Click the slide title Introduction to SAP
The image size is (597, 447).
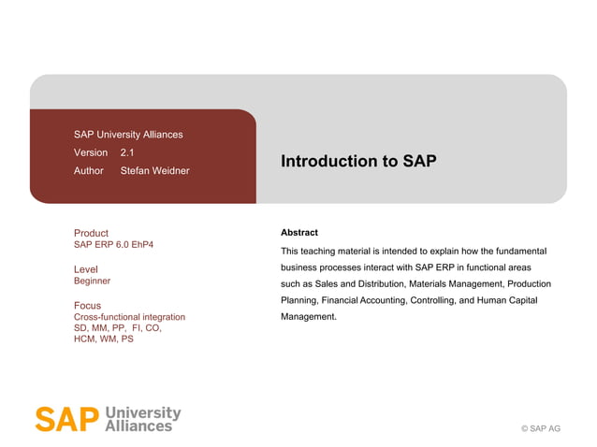click(x=358, y=161)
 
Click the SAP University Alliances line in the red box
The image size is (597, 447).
click(x=128, y=135)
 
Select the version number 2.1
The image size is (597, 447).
click(x=127, y=152)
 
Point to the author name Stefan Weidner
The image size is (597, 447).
click(x=154, y=171)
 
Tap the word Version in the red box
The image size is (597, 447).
click(x=91, y=152)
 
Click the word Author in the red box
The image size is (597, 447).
click(x=89, y=171)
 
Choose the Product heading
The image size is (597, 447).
click(x=91, y=233)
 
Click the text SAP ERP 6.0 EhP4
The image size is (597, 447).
click(x=113, y=245)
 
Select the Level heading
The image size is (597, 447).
click(x=85, y=269)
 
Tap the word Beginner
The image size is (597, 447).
click(x=92, y=281)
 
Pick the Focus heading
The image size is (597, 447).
click(x=87, y=306)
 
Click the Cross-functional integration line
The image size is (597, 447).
click(x=129, y=317)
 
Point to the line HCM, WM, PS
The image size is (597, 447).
click(x=103, y=339)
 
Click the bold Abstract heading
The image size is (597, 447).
click(x=299, y=233)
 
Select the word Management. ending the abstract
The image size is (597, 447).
click(x=309, y=317)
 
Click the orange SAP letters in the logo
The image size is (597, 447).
click(x=66, y=419)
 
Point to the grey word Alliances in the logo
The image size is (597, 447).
click(x=140, y=425)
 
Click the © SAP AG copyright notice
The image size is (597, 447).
click(x=540, y=428)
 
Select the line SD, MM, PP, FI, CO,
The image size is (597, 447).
click(x=118, y=328)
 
